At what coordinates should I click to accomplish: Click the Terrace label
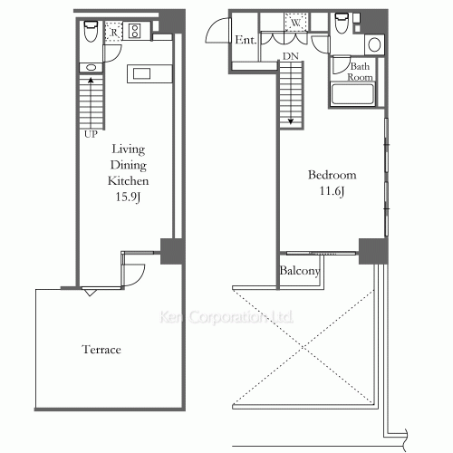click(101, 350)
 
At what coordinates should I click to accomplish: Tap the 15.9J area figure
click(128, 197)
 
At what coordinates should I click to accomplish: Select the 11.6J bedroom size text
click(332, 191)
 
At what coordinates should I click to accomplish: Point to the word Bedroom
click(333, 175)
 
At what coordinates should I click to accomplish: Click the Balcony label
click(299, 271)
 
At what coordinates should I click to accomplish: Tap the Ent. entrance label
click(246, 40)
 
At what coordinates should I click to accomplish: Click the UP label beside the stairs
click(91, 134)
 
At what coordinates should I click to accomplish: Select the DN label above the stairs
click(291, 56)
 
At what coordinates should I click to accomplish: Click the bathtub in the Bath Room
click(352, 94)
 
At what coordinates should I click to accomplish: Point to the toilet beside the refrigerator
click(91, 31)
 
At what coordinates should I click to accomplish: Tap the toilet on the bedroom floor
click(342, 24)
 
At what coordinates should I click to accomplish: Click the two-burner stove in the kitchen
click(134, 31)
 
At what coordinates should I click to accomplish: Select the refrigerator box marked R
click(113, 32)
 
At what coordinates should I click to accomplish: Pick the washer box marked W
click(296, 22)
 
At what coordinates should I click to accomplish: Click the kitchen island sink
click(142, 73)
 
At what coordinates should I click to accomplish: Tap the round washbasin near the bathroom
click(374, 45)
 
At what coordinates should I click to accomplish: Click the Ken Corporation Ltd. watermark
click(226, 317)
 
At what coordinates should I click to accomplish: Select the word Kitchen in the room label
click(128, 181)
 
